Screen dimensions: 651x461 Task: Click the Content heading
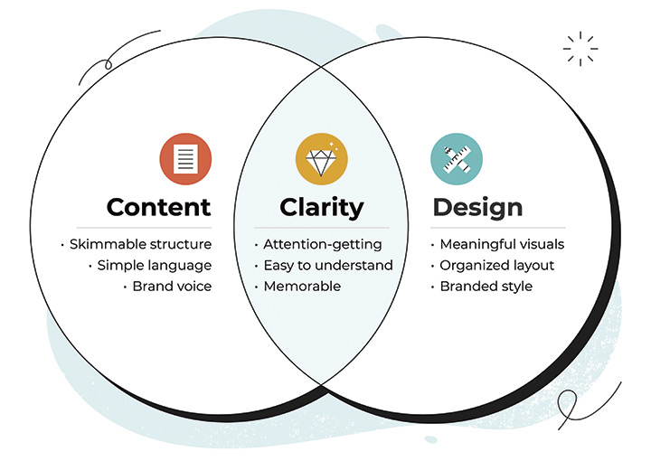pyautogui.click(x=158, y=207)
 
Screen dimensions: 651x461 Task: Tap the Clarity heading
pyautogui.click(x=322, y=208)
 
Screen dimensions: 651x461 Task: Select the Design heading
pyautogui.click(x=477, y=208)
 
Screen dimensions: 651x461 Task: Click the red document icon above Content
pyautogui.click(x=185, y=159)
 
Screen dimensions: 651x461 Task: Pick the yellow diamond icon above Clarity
pyautogui.click(x=322, y=159)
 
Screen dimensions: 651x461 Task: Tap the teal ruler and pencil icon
pyautogui.click(x=457, y=159)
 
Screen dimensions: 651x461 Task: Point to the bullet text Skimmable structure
pyautogui.click(x=140, y=244)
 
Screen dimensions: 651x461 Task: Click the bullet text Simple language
pyautogui.click(x=155, y=265)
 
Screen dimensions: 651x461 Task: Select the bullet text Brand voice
pyautogui.click(x=172, y=287)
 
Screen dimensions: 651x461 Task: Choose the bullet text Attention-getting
pyautogui.click(x=323, y=244)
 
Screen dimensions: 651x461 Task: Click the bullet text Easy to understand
pyautogui.click(x=328, y=265)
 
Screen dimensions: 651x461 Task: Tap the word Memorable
pyautogui.click(x=302, y=287)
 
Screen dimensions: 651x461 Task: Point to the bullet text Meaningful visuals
pyautogui.click(x=502, y=244)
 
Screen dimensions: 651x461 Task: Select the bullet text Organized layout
pyautogui.click(x=497, y=265)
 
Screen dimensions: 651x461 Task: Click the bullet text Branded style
pyautogui.click(x=486, y=287)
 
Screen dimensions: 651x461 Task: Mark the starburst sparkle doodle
pyautogui.click(x=580, y=49)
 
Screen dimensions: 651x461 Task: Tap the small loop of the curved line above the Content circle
pyautogui.click(x=108, y=64)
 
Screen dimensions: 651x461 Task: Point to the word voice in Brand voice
pyautogui.click(x=194, y=287)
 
